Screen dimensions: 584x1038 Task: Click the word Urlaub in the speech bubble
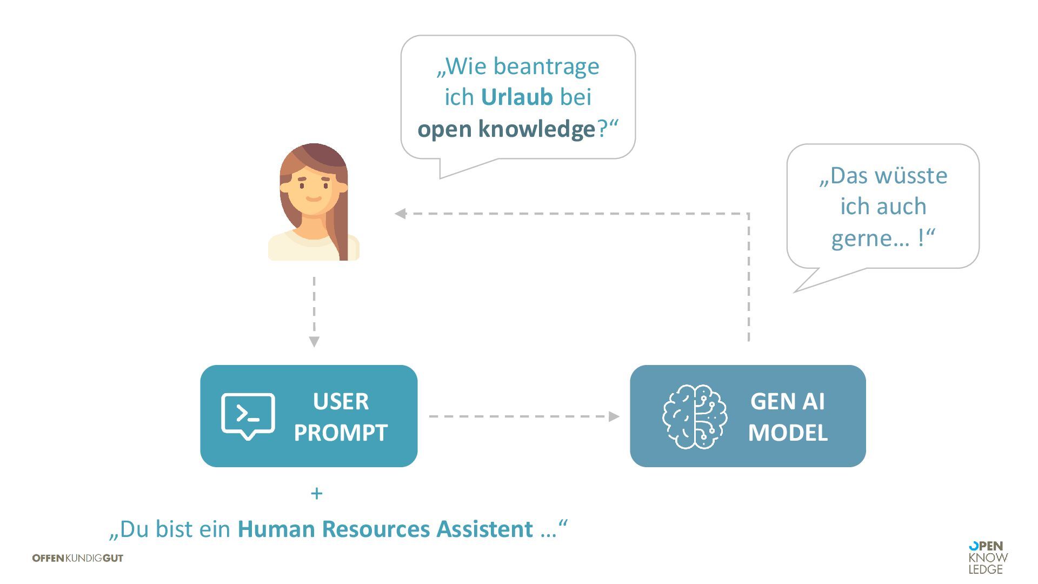coord(516,97)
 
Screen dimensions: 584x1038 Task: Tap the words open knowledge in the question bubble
coord(506,129)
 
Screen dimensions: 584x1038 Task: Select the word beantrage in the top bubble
coord(546,67)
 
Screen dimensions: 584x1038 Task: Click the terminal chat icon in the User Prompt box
coord(248,416)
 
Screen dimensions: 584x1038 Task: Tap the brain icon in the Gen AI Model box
coord(695,416)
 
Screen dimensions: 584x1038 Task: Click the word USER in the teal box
coord(341,402)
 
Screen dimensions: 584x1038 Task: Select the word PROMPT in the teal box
coord(341,433)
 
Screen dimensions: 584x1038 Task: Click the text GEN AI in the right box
coord(787,402)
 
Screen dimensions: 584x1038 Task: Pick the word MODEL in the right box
coord(787,433)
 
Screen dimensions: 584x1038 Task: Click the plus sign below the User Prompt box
coord(317,493)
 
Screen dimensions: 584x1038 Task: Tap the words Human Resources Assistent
coord(385,529)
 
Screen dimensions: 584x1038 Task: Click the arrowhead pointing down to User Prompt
coord(314,342)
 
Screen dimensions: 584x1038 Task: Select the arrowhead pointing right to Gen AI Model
coord(614,416)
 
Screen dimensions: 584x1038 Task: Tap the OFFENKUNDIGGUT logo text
coord(78,558)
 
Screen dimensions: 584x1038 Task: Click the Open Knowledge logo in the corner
coord(988,558)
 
